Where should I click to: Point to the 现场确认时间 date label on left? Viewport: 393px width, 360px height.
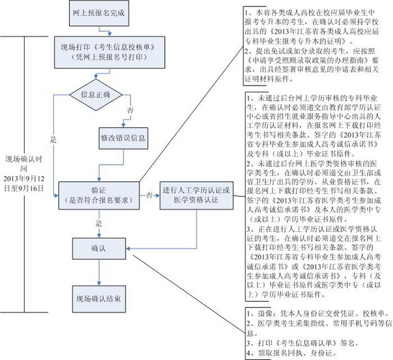[24, 174]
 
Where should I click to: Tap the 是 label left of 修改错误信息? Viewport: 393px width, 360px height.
[53, 138]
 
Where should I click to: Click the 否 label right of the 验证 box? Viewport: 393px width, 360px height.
[148, 194]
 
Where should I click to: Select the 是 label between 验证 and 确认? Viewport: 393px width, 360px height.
[99, 223]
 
